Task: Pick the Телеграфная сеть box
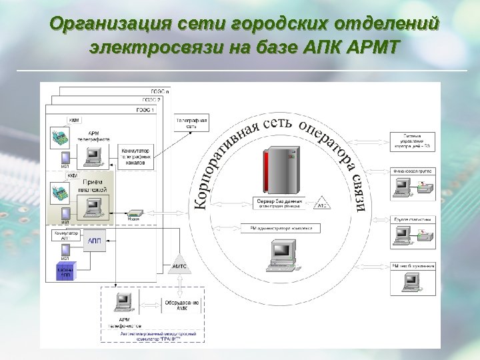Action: point(191,123)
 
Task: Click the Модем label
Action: point(133,219)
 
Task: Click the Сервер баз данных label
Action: point(279,202)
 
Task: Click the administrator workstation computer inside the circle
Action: point(281,255)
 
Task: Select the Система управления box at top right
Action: point(413,141)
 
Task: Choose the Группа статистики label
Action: point(413,219)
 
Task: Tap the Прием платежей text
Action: point(95,186)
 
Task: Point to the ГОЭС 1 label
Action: point(145,109)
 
